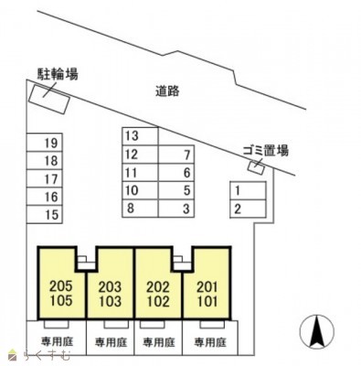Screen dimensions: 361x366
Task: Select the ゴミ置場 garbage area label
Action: coord(265,150)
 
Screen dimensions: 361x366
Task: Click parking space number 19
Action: coord(50,143)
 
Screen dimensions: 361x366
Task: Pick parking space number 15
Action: coord(50,215)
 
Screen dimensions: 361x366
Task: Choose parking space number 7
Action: coord(186,155)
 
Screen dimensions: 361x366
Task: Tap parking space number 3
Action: coord(186,209)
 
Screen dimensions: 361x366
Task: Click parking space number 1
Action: coord(237,191)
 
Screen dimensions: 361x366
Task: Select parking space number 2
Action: coord(237,210)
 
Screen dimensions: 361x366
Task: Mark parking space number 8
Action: coord(131,209)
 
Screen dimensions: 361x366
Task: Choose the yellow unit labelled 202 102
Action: coord(157,291)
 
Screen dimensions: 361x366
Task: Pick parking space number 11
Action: coord(131,173)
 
